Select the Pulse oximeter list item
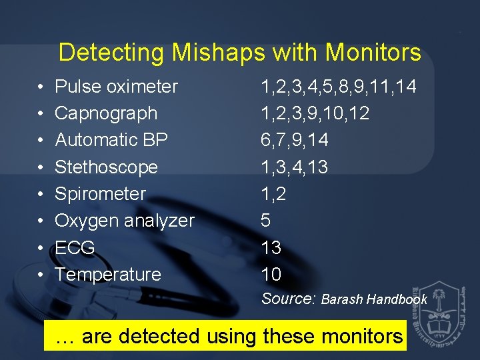116,87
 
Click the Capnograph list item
106,113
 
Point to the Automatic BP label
111,140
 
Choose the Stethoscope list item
106,167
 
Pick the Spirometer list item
100,194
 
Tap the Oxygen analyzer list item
125,221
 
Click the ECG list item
75,248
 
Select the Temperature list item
108,275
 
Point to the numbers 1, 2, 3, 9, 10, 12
315,113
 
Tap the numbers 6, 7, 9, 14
294,140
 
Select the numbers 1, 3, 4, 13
294,167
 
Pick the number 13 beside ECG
271,248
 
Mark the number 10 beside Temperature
271,275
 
